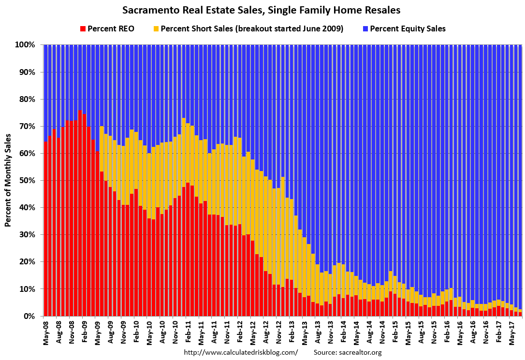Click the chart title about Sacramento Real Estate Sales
click(x=262, y=10)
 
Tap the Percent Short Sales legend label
click(x=252, y=29)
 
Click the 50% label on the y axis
click(x=28, y=180)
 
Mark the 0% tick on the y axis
click(x=29, y=316)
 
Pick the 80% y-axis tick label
click(x=28, y=99)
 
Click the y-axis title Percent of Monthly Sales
click(x=8, y=180)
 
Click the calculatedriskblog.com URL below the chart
click(x=241, y=352)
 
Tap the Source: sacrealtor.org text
click(x=348, y=352)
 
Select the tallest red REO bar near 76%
click(x=80, y=213)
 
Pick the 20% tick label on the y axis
click(x=28, y=261)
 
